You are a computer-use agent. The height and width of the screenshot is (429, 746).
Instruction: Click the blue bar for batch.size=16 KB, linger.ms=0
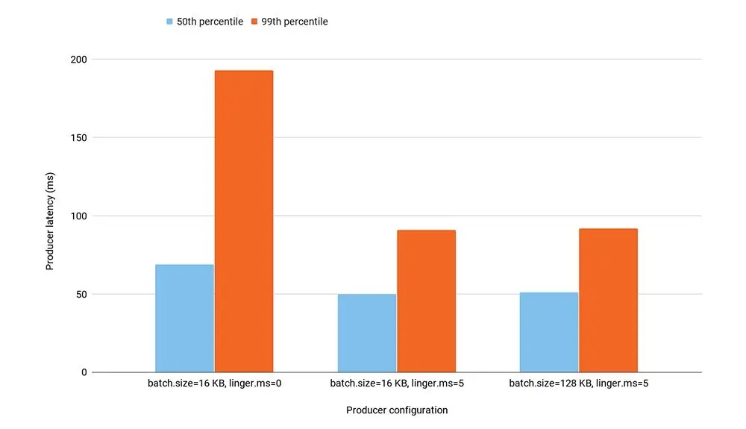click(184, 319)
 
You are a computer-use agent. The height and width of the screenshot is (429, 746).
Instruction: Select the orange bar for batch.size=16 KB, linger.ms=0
click(244, 222)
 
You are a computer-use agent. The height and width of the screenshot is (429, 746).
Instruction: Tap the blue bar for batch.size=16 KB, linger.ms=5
click(367, 333)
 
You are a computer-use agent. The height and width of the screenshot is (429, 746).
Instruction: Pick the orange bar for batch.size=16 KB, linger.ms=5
click(426, 301)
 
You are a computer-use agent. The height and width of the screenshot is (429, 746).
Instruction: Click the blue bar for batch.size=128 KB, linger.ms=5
click(549, 332)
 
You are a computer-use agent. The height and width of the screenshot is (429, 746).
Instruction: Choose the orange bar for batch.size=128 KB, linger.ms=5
click(608, 301)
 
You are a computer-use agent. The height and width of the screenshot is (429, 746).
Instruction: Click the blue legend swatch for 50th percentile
click(170, 22)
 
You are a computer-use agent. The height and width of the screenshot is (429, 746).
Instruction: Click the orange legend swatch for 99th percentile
click(255, 22)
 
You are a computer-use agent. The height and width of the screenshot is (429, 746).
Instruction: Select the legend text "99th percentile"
click(295, 22)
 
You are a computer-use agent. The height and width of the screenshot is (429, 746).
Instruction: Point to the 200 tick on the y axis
click(80, 60)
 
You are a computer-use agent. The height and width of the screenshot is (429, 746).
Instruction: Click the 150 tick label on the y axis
click(80, 138)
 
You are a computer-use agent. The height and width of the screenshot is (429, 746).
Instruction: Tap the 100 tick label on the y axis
click(80, 216)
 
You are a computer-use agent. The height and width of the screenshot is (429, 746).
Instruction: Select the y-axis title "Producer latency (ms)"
click(51, 217)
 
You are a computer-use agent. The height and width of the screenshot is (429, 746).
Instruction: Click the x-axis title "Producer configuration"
click(397, 410)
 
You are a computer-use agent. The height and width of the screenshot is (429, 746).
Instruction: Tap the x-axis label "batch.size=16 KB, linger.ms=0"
click(214, 384)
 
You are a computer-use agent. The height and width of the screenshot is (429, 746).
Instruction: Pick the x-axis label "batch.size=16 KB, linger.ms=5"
click(396, 384)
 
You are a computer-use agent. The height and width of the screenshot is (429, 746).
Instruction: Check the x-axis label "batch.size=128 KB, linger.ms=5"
click(578, 384)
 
